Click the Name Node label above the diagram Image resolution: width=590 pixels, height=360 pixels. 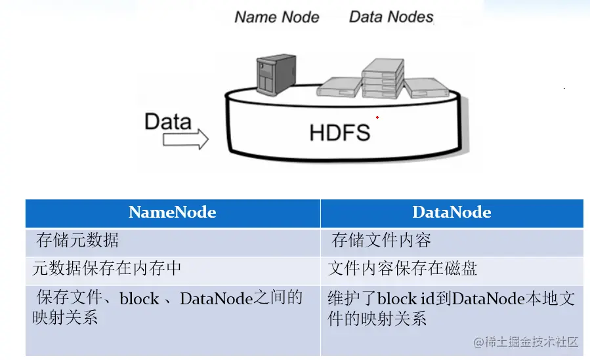[x=277, y=16]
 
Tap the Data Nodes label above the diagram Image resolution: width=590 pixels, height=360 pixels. [x=391, y=16]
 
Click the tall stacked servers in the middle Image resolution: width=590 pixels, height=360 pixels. [x=382, y=79]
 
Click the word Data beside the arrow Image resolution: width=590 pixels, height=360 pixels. [x=168, y=121]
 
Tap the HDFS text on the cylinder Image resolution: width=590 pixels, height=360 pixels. [x=339, y=132]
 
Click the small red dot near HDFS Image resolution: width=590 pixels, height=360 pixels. [x=377, y=117]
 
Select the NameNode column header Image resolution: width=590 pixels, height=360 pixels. [x=173, y=212]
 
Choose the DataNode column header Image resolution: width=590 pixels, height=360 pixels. [x=452, y=212]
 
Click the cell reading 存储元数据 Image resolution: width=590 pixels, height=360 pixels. [x=77, y=241]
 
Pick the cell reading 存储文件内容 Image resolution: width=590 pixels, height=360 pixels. [x=381, y=241]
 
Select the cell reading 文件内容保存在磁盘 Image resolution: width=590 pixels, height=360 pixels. [x=402, y=269]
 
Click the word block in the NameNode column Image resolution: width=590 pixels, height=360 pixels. [x=139, y=299]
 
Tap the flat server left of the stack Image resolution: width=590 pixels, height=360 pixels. [x=339, y=87]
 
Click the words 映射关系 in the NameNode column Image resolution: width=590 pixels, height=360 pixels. [x=65, y=318]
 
